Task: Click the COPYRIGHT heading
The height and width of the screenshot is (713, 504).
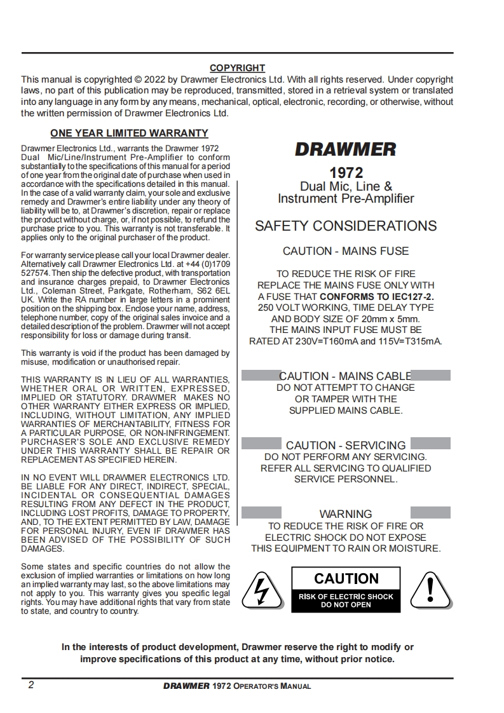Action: [237, 68]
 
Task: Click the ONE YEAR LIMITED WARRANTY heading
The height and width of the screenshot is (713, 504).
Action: [129, 133]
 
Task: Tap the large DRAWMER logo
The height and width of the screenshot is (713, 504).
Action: [345, 150]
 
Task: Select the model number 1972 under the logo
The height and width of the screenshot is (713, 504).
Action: [346, 173]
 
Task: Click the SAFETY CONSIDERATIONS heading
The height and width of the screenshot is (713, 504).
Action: [346, 226]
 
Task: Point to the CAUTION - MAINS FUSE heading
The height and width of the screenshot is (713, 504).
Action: [346, 251]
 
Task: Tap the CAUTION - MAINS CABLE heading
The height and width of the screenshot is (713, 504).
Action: [346, 376]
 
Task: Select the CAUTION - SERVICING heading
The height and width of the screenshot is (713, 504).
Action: [346, 445]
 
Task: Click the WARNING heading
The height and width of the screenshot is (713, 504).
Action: [346, 513]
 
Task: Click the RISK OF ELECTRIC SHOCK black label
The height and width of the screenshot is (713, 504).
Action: [346, 601]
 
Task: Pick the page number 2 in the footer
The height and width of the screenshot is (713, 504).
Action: [31, 686]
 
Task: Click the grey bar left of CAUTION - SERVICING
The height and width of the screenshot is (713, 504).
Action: [261, 444]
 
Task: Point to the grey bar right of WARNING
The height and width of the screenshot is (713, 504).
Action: [430, 512]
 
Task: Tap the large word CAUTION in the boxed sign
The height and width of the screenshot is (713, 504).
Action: [346, 578]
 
